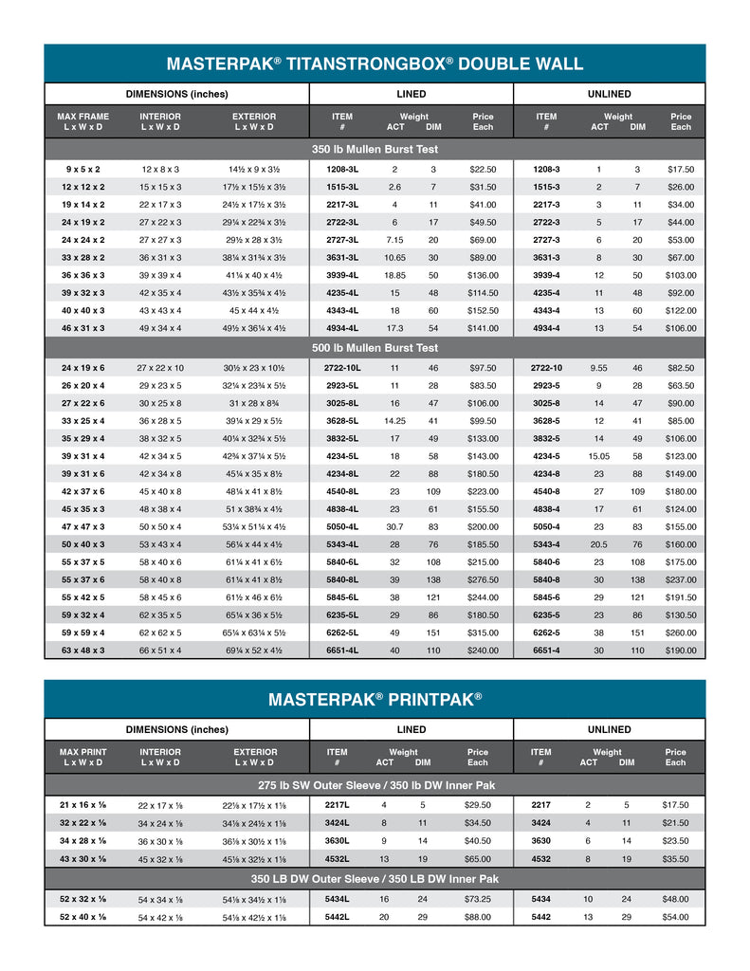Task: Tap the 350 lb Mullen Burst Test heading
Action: pos(375,149)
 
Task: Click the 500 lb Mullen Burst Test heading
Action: pos(375,348)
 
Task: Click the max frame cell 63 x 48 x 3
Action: pos(82,650)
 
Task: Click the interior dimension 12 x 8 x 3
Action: pos(160,169)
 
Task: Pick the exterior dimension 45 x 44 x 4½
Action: pos(254,311)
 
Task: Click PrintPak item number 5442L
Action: pos(338,917)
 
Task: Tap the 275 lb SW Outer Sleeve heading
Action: pos(375,785)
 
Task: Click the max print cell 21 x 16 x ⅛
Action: pos(82,805)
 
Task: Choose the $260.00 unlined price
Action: pos(681,632)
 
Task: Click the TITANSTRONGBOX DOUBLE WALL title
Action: pos(375,64)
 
